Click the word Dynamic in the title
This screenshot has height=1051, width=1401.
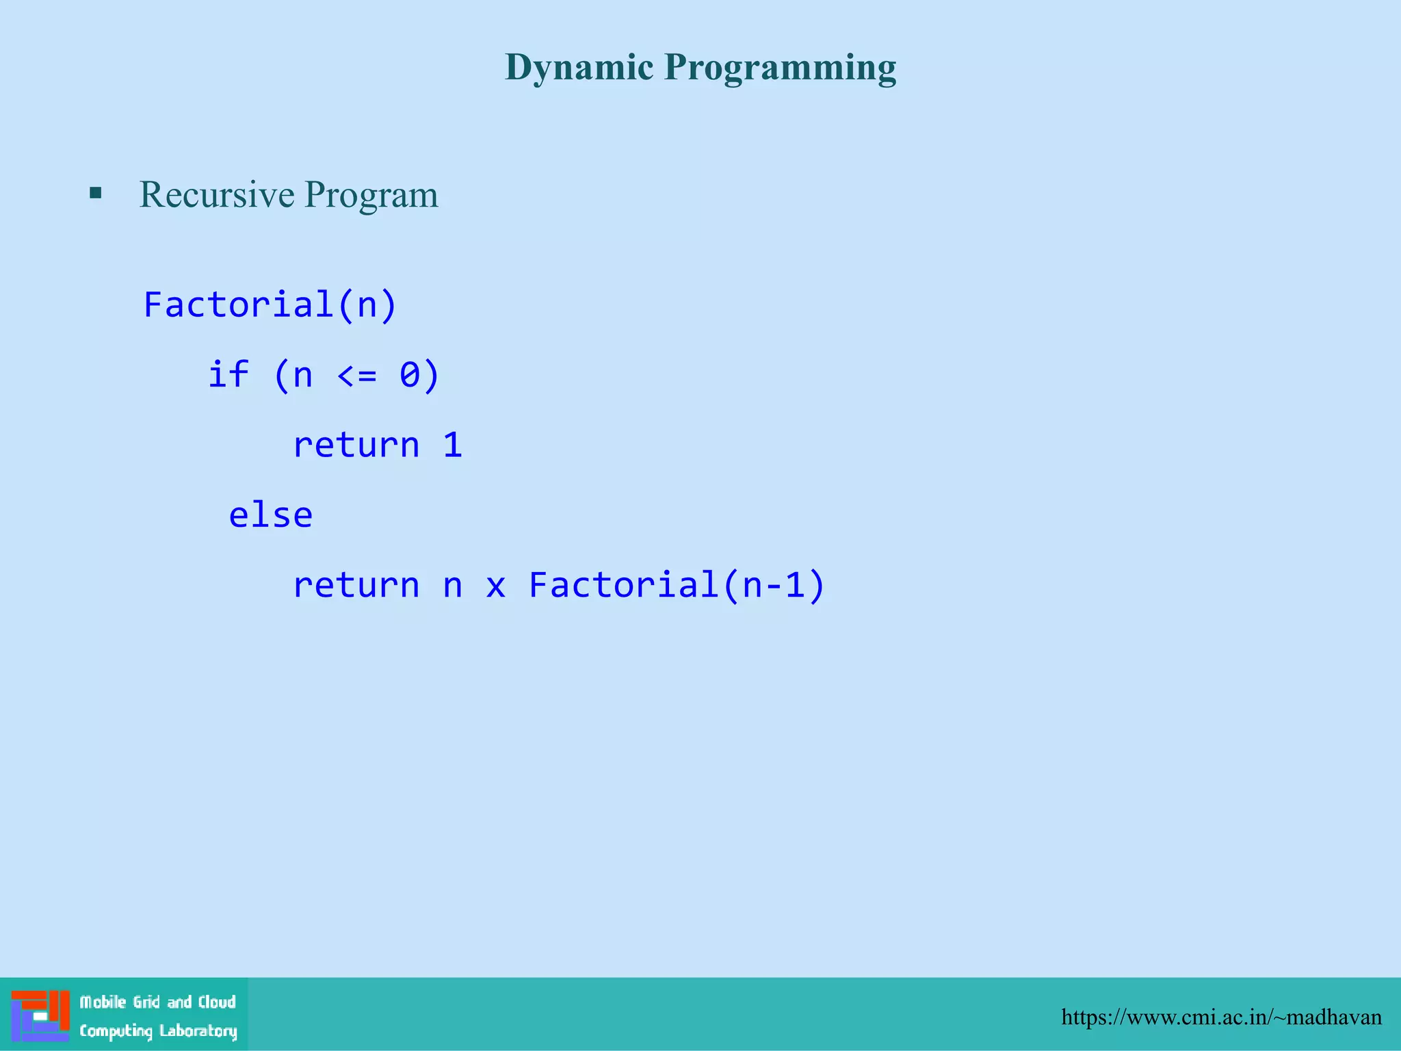579,68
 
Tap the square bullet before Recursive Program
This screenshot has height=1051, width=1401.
96,194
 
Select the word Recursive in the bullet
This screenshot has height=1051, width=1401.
216,194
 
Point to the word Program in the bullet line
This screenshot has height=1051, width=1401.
371,196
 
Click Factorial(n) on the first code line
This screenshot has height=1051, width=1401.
270,304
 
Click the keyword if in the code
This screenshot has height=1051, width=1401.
228,375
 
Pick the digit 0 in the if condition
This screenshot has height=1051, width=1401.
409,376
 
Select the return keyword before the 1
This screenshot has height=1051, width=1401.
356,446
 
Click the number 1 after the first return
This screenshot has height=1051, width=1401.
452,445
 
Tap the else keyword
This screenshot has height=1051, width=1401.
270,515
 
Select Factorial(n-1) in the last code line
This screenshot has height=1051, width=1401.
677,586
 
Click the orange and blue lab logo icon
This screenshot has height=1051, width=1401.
40,1015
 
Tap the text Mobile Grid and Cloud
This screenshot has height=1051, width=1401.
157,1002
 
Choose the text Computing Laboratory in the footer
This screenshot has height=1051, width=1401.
158,1030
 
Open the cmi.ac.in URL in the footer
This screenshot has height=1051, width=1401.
1221,1017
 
